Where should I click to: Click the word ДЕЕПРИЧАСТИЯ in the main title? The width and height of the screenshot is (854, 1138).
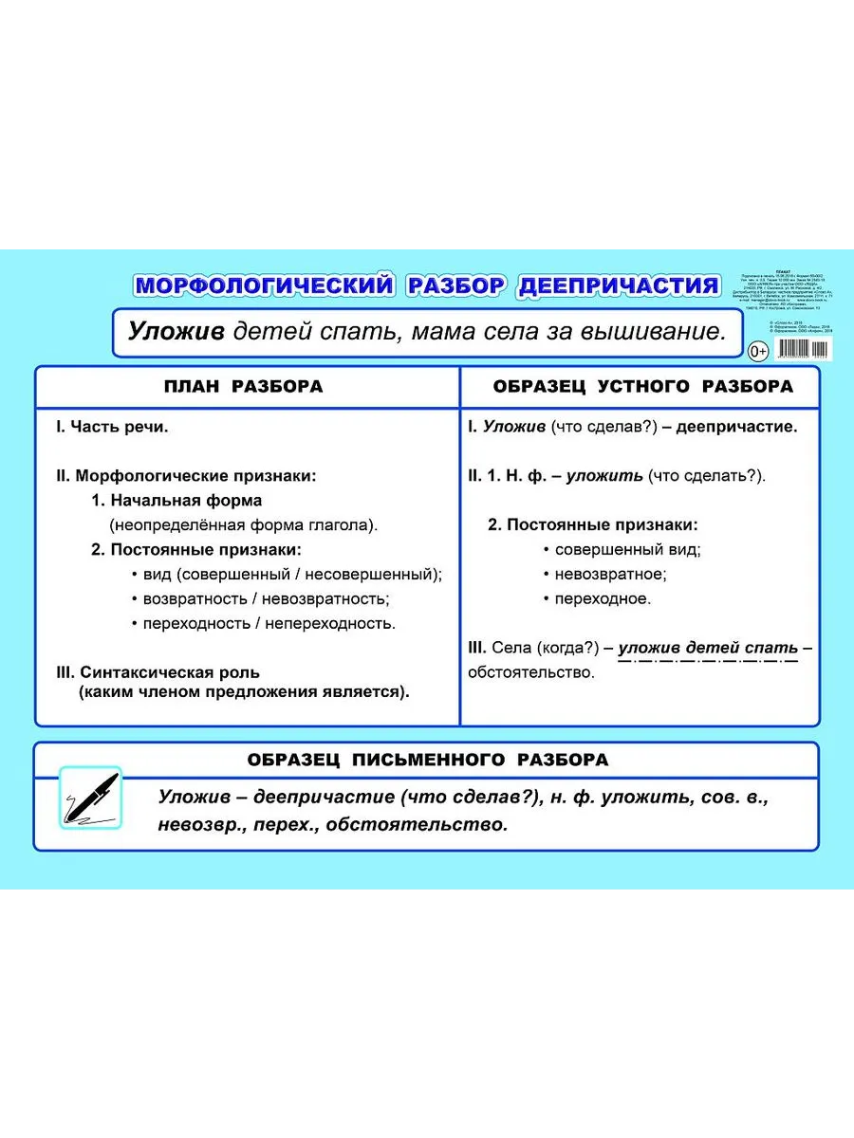coord(618,284)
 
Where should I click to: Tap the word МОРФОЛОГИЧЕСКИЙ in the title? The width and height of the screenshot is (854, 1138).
coord(263,284)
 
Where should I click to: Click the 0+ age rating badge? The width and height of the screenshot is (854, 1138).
coord(758,353)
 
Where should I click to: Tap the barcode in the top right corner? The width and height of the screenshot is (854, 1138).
coord(801,349)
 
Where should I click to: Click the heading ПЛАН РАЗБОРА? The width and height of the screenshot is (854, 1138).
coord(244,387)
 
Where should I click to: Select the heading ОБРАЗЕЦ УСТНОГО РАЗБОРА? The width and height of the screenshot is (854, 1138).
coord(642,387)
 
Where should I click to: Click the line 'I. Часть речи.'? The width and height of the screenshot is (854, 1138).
coord(112,427)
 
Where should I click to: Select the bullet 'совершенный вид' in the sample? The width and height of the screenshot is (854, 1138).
coord(627,549)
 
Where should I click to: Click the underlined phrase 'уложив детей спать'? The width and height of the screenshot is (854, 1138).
coord(708,648)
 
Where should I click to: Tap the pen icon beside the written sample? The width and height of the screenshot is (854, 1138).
coord(91,797)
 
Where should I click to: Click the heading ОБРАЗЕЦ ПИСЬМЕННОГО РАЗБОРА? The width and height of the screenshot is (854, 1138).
coord(427,760)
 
